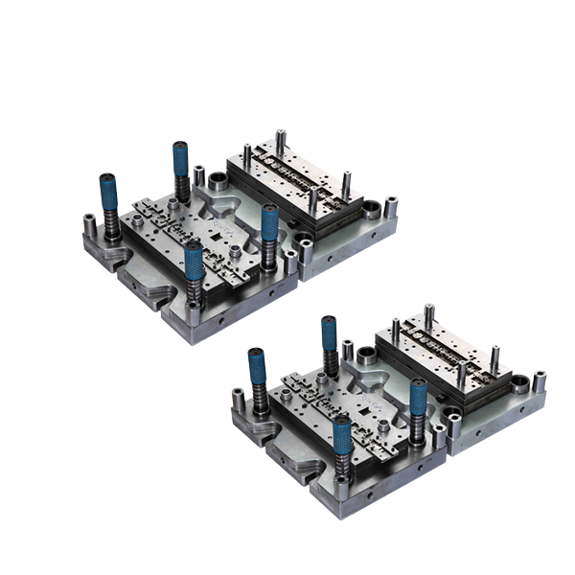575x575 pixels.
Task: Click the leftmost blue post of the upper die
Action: coord(107,196)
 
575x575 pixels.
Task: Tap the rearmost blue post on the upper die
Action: coord(179,163)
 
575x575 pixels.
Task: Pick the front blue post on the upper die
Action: coord(195,264)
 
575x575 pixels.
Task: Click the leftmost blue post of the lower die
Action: coord(257,370)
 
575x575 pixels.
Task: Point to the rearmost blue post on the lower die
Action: coord(329,335)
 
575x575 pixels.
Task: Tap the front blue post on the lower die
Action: coord(343,437)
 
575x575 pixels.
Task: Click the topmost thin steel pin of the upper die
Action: coord(279,140)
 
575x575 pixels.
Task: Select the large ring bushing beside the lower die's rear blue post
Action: coord(366,352)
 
